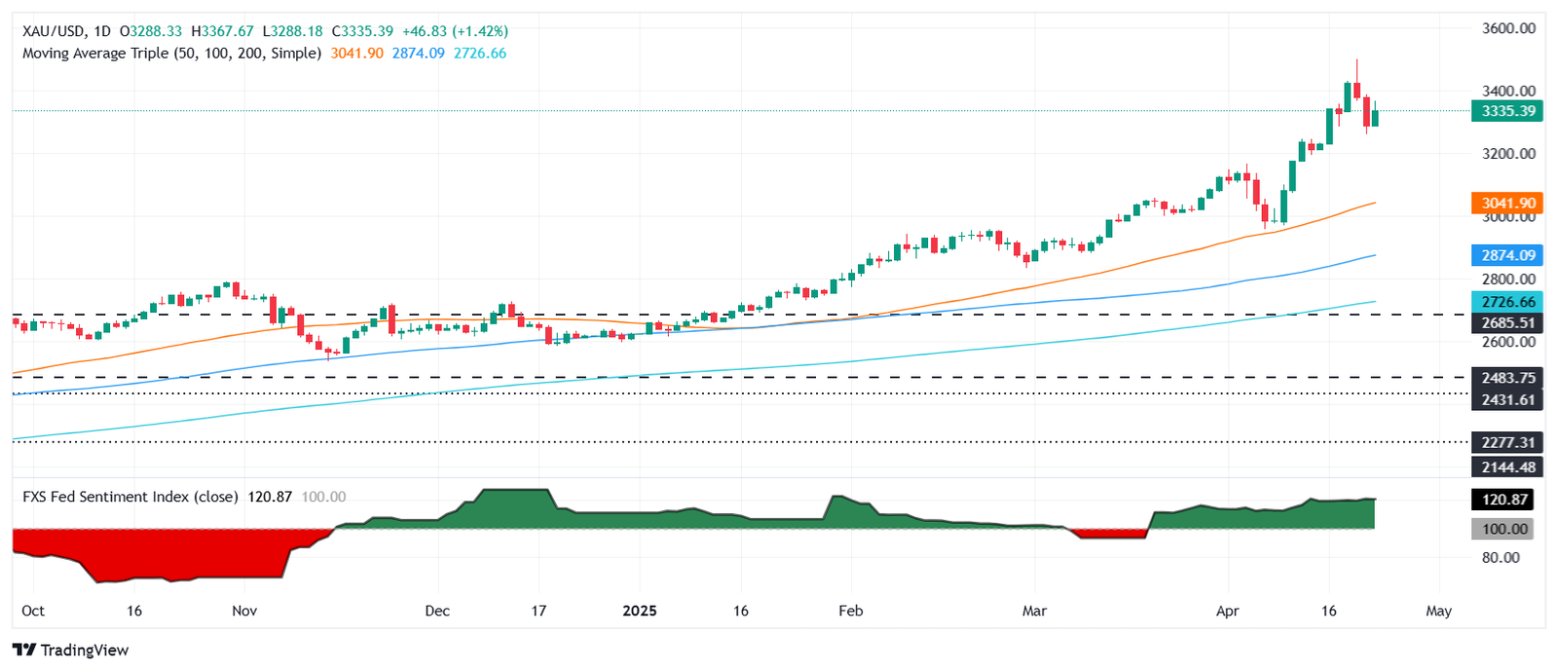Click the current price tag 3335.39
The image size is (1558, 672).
coord(1507,111)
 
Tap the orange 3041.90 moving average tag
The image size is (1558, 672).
coord(1507,204)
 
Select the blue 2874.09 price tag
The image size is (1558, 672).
coord(1507,255)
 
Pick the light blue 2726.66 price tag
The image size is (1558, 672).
coord(1507,302)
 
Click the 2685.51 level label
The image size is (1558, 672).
coord(1507,322)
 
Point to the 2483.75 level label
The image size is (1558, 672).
coord(1507,378)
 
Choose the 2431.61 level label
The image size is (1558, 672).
coord(1507,399)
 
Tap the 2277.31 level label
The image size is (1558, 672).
coord(1507,442)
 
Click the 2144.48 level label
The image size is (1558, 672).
coord(1507,467)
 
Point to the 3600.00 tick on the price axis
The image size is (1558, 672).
coord(1508,28)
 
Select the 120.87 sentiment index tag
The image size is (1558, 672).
coord(1504,500)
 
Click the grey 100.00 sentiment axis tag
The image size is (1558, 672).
coord(1504,529)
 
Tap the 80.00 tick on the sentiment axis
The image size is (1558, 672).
coord(1501,558)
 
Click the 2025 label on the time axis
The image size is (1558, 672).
coord(640,611)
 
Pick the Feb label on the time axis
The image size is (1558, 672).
coord(851,611)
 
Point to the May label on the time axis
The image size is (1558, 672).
coord(1438,611)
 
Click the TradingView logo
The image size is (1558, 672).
coord(70,650)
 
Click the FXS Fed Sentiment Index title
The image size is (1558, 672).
coord(130,497)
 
